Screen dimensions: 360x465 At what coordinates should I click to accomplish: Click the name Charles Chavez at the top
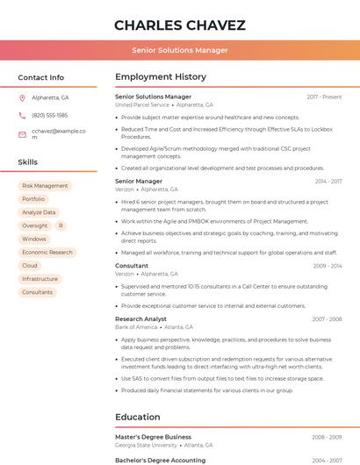point(179,25)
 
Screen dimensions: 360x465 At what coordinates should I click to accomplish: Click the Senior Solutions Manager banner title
point(179,50)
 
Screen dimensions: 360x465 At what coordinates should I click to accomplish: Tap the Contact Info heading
point(40,77)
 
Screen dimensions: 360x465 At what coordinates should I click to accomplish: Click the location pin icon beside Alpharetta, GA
point(22,97)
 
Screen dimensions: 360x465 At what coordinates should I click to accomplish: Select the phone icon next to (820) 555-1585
point(22,115)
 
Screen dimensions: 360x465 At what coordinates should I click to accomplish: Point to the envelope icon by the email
point(22,134)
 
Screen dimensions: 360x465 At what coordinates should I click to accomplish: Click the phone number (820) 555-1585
point(49,115)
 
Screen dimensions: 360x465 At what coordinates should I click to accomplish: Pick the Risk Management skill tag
point(45,186)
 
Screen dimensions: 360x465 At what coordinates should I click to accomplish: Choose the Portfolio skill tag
point(33,199)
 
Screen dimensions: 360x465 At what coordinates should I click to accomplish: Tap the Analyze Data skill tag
point(39,212)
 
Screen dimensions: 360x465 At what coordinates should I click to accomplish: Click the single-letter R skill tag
point(61,225)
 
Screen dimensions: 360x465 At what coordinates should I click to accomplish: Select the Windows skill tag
point(34,239)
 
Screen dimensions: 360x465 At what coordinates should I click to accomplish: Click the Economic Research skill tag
point(47,252)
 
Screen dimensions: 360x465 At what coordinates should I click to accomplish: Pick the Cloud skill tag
point(30,265)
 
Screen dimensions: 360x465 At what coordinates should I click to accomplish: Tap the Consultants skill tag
point(38,292)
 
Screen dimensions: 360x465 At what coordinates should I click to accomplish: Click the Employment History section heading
point(160,77)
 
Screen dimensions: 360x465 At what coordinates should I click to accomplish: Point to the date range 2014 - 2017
point(328,182)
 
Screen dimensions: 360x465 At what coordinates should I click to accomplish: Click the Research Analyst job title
point(140,319)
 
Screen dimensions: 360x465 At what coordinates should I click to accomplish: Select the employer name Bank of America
point(136,327)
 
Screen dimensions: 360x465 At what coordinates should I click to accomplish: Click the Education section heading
point(138,417)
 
